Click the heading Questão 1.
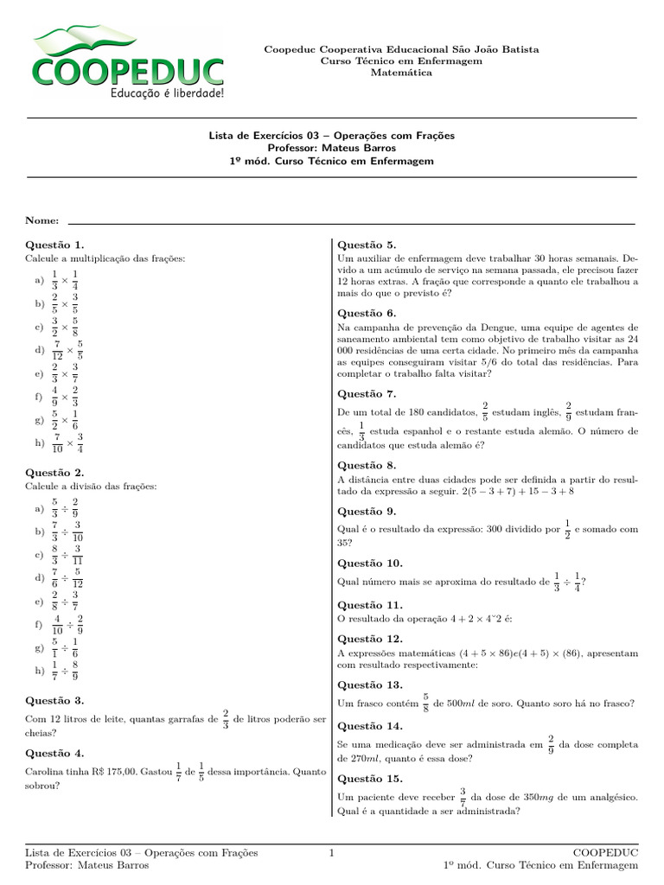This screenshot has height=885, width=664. click(x=54, y=245)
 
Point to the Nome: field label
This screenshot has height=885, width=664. click(x=42, y=221)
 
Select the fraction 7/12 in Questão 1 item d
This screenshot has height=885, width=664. click(x=56, y=351)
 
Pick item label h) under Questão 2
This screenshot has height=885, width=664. click(x=39, y=670)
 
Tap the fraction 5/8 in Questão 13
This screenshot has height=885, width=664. click(x=425, y=703)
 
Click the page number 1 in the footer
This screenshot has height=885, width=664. click(x=331, y=853)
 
